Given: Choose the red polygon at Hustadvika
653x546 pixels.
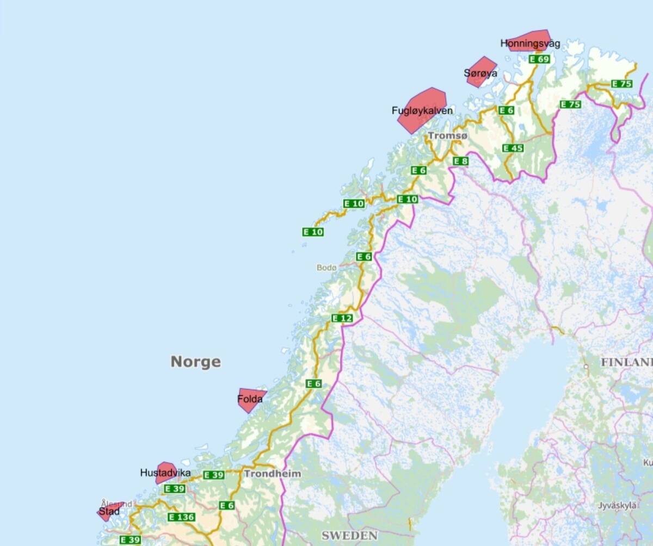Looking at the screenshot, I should [x=165, y=472].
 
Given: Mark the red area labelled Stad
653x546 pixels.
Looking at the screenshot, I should [x=109, y=511].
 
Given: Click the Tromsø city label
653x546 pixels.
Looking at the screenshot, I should [x=447, y=135].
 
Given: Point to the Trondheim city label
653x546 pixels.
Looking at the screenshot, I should [x=272, y=474].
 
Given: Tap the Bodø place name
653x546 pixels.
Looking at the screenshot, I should [x=326, y=268].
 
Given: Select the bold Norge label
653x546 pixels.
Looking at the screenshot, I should [x=196, y=362].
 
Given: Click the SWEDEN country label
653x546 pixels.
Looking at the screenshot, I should [x=349, y=535].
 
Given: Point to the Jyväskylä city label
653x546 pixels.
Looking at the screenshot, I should [x=617, y=505].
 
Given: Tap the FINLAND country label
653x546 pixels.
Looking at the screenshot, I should [x=626, y=362].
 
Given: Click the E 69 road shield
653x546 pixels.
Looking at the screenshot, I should [x=539, y=59].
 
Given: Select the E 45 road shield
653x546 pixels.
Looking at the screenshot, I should [x=513, y=148].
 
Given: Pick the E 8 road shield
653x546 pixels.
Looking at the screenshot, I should [x=460, y=160].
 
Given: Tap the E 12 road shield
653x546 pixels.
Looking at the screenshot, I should [x=342, y=318].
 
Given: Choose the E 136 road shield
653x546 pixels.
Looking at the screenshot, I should [x=181, y=517].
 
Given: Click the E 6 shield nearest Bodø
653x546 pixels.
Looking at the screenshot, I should [x=364, y=256].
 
